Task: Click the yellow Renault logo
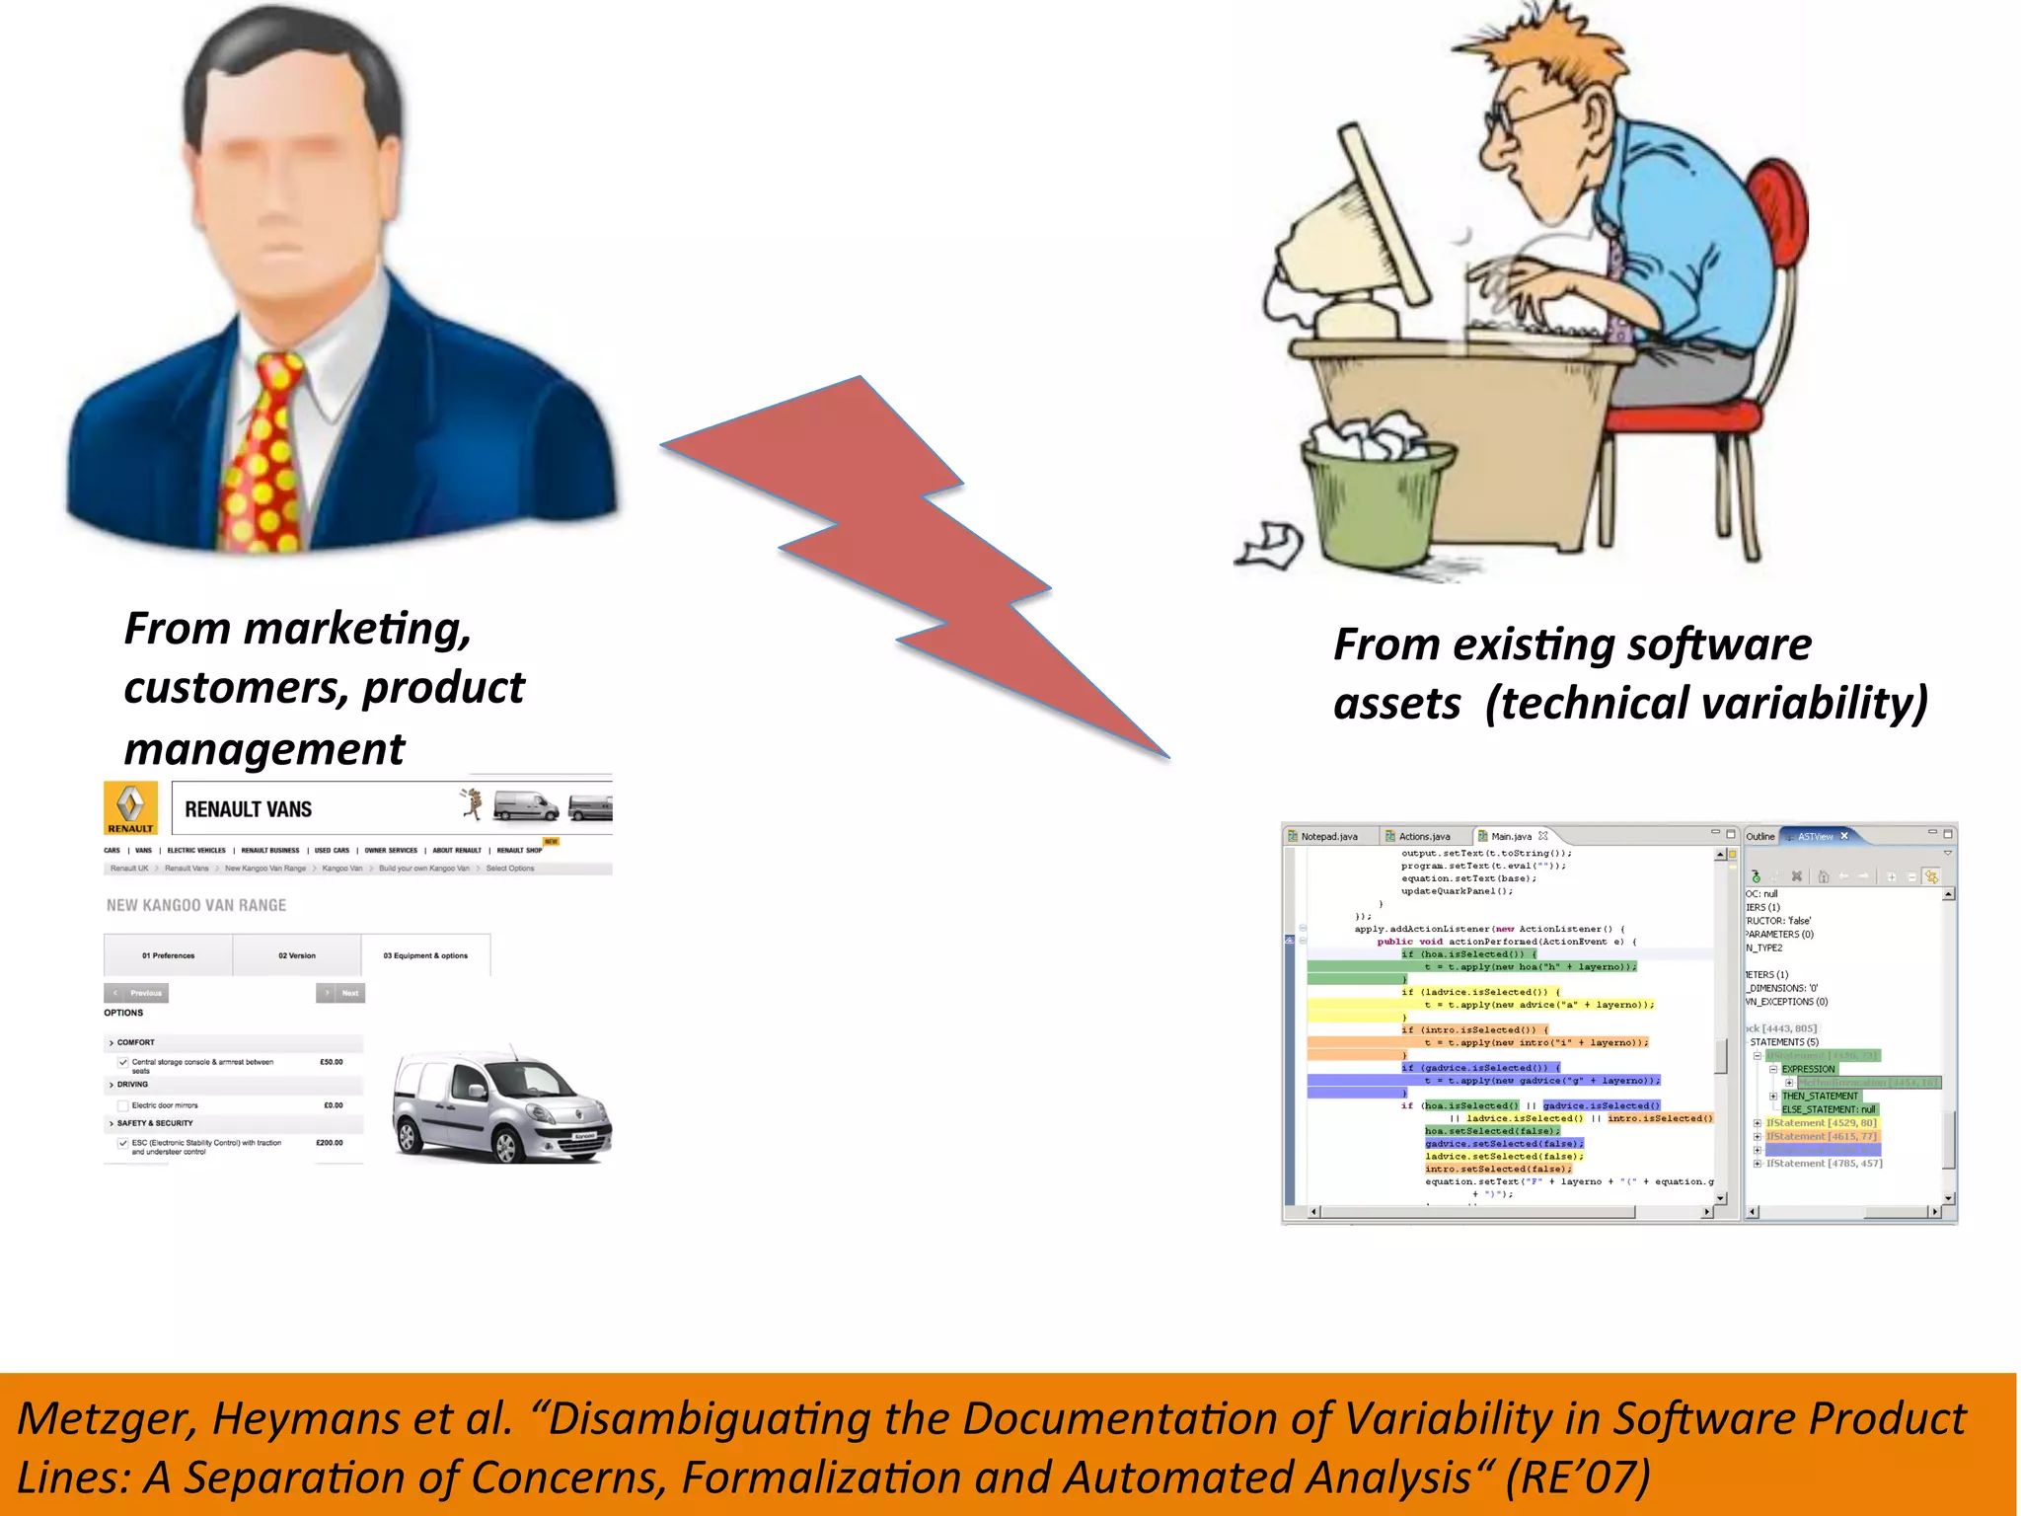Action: (x=130, y=807)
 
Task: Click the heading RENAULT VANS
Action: (x=248, y=809)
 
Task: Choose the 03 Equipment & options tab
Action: (x=425, y=955)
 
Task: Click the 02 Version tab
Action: (x=297, y=955)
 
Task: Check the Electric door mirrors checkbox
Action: (x=123, y=1105)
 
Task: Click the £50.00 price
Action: (x=331, y=1062)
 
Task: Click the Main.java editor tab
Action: (x=1511, y=837)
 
